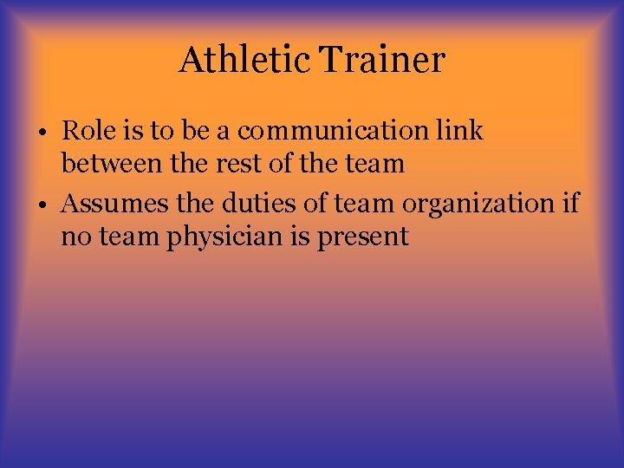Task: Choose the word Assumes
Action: pos(108,204)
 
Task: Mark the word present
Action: pos(363,236)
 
